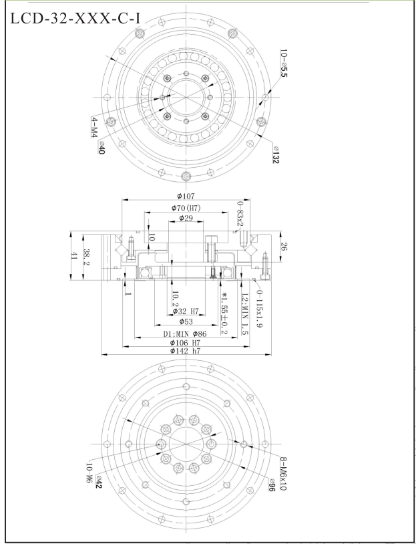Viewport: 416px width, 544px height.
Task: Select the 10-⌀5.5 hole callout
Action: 286,67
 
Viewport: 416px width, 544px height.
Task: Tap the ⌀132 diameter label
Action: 276,157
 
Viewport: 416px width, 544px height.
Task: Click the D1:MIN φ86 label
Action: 187,333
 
